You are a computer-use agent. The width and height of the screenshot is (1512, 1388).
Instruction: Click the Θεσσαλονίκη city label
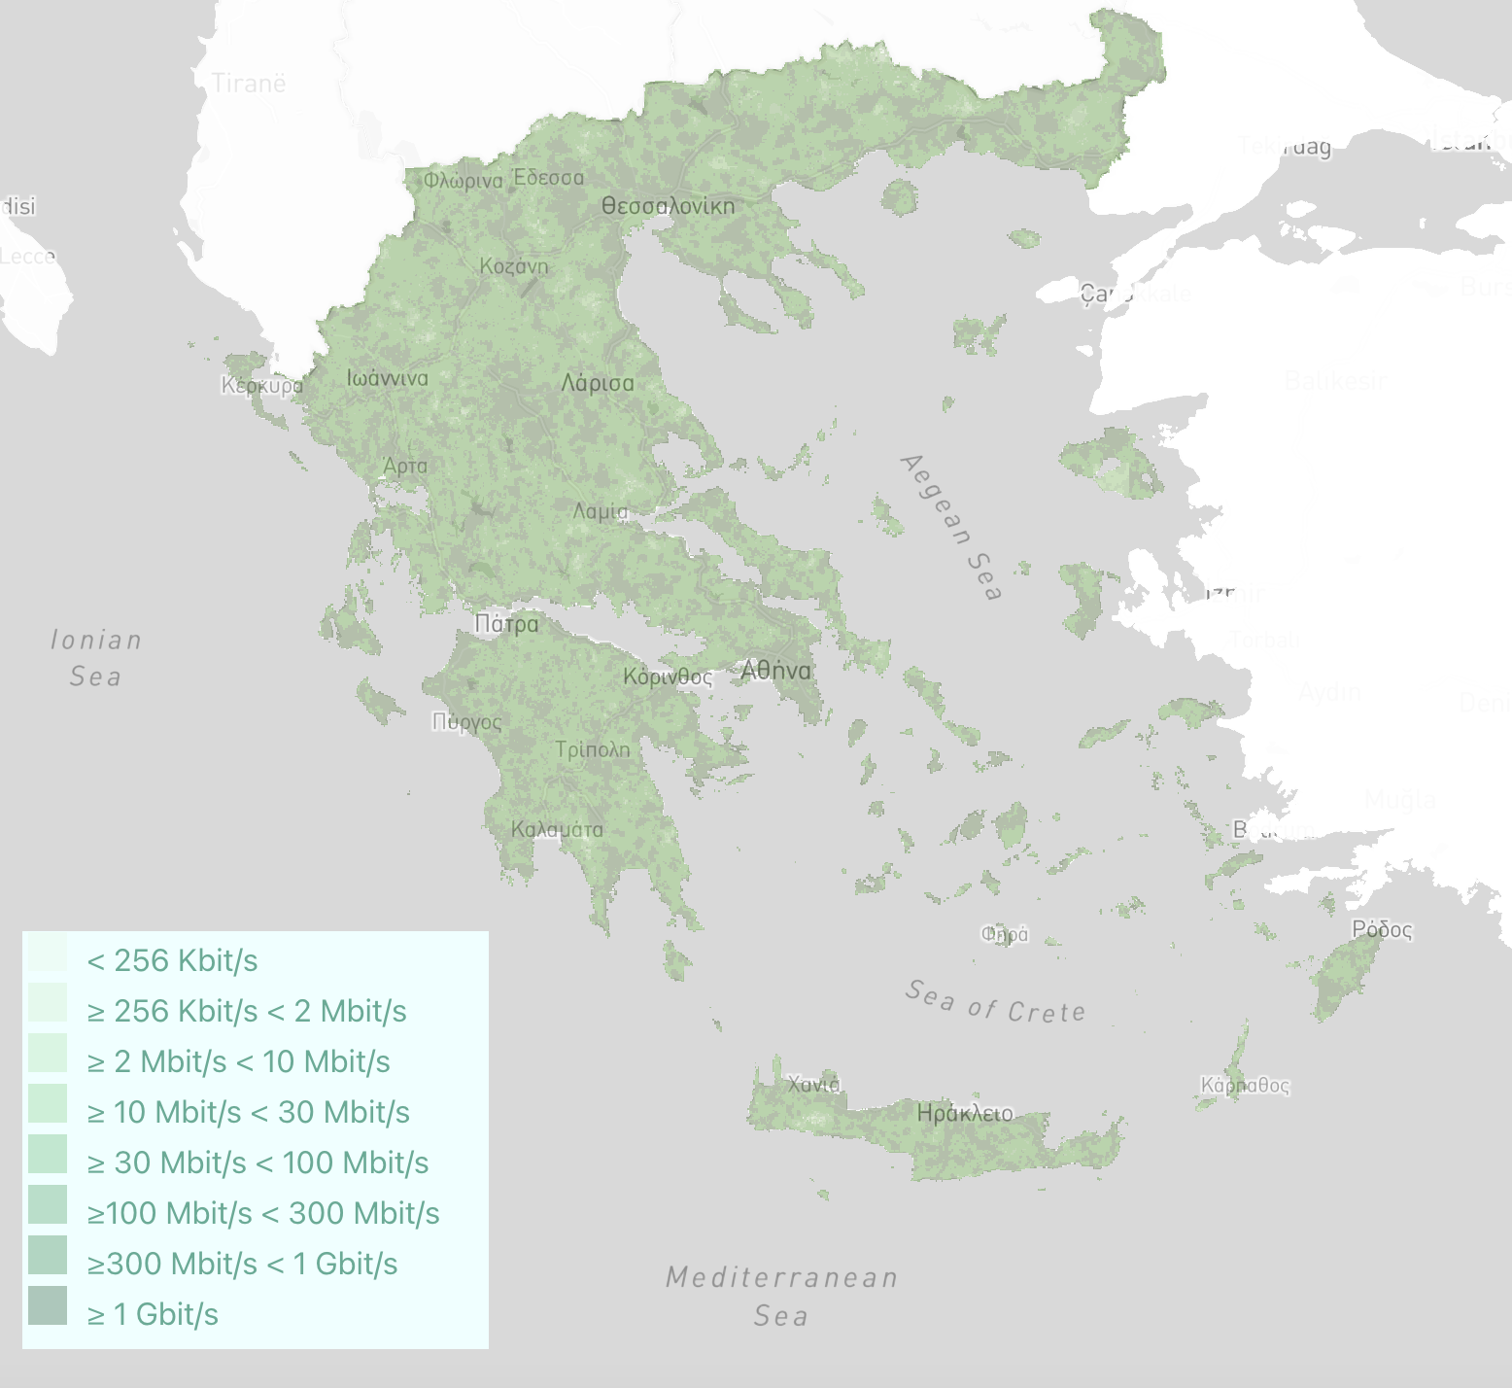(x=668, y=206)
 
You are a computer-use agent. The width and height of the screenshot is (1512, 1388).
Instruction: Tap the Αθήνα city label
(x=775, y=671)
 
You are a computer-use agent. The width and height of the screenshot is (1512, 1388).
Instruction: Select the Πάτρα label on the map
(x=506, y=624)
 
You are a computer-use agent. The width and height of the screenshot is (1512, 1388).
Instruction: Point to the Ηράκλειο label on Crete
(x=965, y=1113)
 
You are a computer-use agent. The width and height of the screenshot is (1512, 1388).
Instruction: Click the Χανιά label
(x=813, y=1084)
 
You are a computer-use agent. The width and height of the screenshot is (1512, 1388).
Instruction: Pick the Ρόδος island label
(x=1382, y=929)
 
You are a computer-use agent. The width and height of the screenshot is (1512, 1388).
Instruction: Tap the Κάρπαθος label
(x=1245, y=1085)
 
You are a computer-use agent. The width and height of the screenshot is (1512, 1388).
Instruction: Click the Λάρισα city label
(x=598, y=383)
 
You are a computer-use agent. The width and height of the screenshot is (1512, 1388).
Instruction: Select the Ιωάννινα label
(x=387, y=378)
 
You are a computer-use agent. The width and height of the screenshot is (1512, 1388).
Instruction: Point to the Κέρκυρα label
(x=261, y=385)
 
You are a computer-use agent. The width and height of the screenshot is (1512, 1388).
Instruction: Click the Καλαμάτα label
(x=557, y=829)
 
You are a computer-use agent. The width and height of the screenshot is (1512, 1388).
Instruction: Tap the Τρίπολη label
(x=593, y=749)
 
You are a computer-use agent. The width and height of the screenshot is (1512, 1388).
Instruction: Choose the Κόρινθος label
(x=668, y=677)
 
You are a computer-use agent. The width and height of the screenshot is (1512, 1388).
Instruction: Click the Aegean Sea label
(x=950, y=527)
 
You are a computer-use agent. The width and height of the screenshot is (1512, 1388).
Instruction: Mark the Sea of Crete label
(x=995, y=1003)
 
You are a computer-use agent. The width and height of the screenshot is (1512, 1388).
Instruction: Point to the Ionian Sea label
(x=96, y=658)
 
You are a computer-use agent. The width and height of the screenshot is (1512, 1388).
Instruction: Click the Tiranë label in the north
(x=250, y=84)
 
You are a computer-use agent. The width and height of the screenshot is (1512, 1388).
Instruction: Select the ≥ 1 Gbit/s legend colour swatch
(x=48, y=1305)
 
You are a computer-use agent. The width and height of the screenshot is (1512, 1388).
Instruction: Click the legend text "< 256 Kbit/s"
(x=172, y=960)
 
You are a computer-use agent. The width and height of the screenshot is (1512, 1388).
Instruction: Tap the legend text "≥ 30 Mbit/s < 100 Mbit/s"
(x=258, y=1162)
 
